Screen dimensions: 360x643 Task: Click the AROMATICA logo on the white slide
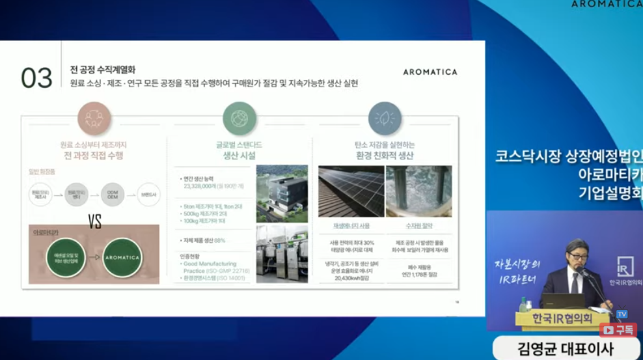pos(430,72)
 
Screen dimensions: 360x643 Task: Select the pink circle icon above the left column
pos(94,118)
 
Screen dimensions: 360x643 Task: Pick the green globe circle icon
pos(239,118)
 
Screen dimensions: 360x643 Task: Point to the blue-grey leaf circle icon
pos(385,118)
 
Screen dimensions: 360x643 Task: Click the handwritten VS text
pos(95,222)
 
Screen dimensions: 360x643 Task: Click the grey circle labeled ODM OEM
pos(113,195)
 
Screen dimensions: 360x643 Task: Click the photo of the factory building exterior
pos(282,193)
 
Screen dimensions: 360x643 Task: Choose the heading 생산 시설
pos(239,156)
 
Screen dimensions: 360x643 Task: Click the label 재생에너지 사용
pos(350,227)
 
